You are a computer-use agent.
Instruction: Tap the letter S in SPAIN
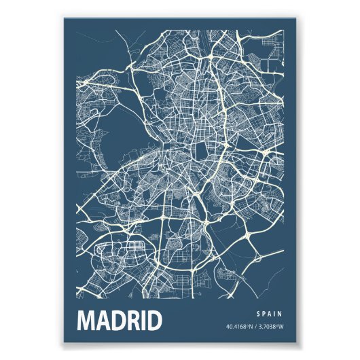point(260,313)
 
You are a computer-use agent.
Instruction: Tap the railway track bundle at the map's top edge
point(203,41)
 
